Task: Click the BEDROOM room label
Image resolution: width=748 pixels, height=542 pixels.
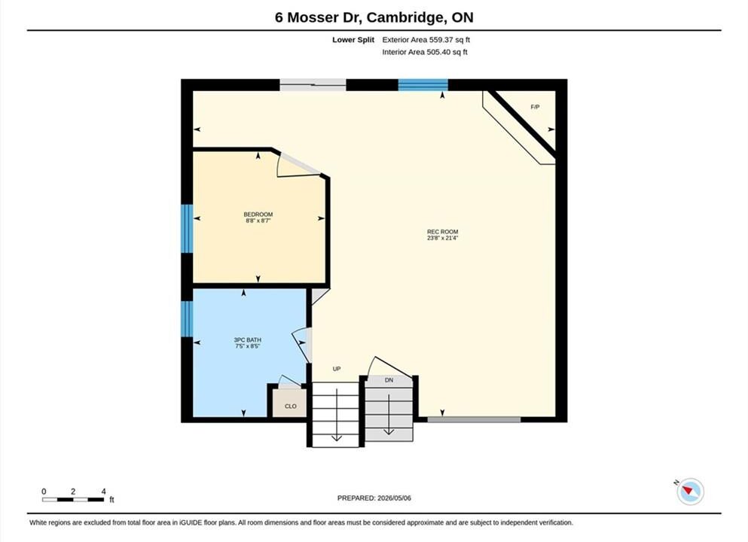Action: point(258,215)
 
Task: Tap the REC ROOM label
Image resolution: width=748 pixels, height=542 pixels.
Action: point(442,232)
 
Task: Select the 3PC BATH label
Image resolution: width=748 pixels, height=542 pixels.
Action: point(247,340)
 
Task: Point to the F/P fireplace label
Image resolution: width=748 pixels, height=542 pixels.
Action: point(536,107)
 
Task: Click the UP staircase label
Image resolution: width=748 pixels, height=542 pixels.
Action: point(337,369)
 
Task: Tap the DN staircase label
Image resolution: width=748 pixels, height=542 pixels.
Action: point(389,380)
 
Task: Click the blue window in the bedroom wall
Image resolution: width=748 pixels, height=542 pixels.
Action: point(187,228)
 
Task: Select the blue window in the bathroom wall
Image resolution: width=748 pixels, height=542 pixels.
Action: point(187,318)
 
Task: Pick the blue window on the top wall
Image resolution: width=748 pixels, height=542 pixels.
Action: point(423,85)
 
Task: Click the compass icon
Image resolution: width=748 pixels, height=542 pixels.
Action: point(690,492)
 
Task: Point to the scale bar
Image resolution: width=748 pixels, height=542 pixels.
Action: point(73,500)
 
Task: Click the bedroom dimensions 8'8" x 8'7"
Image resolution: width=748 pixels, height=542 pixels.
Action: point(258,221)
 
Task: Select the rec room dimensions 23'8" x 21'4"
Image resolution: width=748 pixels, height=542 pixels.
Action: point(442,238)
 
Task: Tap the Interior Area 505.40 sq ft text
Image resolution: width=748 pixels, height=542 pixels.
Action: point(425,52)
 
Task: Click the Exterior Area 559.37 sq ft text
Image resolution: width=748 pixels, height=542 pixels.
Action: point(426,40)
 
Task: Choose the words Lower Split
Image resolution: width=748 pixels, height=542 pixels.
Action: point(353,40)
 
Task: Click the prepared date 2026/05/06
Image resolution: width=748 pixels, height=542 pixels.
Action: point(394,498)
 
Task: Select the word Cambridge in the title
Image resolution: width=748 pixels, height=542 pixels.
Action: point(404,17)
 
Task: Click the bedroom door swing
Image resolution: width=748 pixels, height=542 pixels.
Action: point(298,165)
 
